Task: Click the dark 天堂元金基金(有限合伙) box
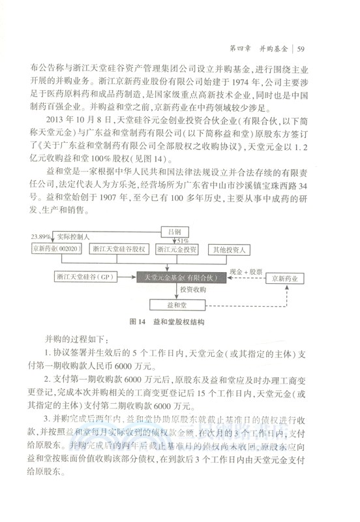(185, 279)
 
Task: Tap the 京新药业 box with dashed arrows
(290, 279)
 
